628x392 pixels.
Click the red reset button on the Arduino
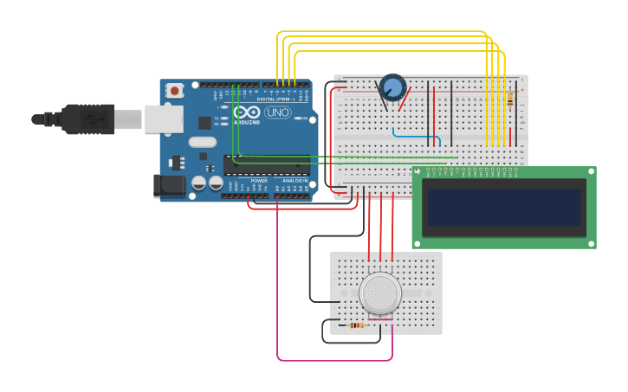[175, 90]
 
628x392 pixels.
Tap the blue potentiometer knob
[392, 87]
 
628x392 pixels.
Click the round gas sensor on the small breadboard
[380, 293]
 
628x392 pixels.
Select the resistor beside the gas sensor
[356, 325]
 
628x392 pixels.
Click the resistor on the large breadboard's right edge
[510, 100]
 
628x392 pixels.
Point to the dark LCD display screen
[503, 208]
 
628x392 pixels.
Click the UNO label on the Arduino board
[277, 112]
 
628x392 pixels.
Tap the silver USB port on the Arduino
[163, 119]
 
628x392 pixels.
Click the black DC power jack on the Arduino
[169, 185]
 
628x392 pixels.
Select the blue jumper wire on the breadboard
[417, 135]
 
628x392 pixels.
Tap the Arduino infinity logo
[246, 112]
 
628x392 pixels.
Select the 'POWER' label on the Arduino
[258, 180]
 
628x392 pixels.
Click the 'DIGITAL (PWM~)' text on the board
[278, 99]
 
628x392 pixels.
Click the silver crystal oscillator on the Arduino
[202, 142]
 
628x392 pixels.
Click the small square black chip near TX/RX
[204, 123]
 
